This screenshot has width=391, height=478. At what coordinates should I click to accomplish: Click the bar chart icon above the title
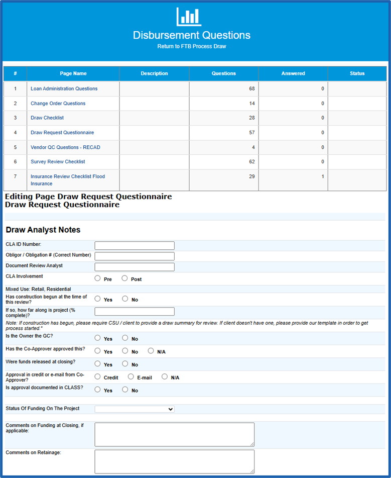[x=189, y=17]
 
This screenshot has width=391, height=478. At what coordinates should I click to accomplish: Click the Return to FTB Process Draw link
[x=191, y=46]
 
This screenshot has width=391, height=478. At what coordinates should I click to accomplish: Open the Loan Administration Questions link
[x=64, y=89]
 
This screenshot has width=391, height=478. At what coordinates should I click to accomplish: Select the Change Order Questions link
[x=58, y=104]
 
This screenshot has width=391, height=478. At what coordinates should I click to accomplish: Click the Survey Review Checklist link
[x=58, y=162]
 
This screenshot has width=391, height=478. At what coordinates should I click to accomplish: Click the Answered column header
[x=293, y=73]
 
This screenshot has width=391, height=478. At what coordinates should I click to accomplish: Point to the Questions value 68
[x=251, y=89]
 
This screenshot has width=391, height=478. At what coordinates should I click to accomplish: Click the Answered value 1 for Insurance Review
[x=322, y=176]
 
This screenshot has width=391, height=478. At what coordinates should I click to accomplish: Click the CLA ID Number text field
[x=134, y=246]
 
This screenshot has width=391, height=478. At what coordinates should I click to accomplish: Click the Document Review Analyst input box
[x=134, y=267]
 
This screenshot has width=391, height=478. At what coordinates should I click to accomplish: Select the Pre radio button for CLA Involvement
[x=97, y=278]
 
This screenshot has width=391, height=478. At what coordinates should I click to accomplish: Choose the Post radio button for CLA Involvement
[x=124, y=278]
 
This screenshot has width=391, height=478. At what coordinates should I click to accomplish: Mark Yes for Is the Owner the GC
[x=97, y=338]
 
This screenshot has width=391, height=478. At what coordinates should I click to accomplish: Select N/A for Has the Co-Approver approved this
[x=151, y=351]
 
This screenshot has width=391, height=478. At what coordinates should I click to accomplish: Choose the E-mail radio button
[x=131, y=377]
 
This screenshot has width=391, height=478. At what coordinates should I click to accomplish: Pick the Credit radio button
[x=97, y=377]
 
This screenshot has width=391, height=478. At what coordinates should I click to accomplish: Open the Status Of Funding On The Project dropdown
[x=134, y=409]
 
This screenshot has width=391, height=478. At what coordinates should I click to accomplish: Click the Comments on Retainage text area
[x=174, y=461]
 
